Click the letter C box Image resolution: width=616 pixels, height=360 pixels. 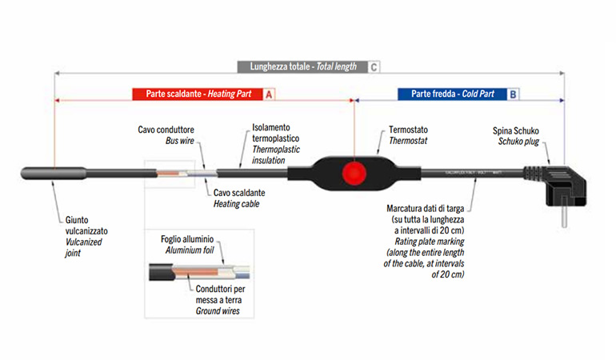(374, 67)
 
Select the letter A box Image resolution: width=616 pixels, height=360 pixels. (270, 94)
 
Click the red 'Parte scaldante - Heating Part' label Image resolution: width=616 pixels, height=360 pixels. (198, 94)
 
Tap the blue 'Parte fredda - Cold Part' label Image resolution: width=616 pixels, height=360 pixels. (452, 94)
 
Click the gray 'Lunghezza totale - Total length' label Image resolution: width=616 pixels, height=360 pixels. (303, 67)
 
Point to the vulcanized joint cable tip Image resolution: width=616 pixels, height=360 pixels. (37, 170)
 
